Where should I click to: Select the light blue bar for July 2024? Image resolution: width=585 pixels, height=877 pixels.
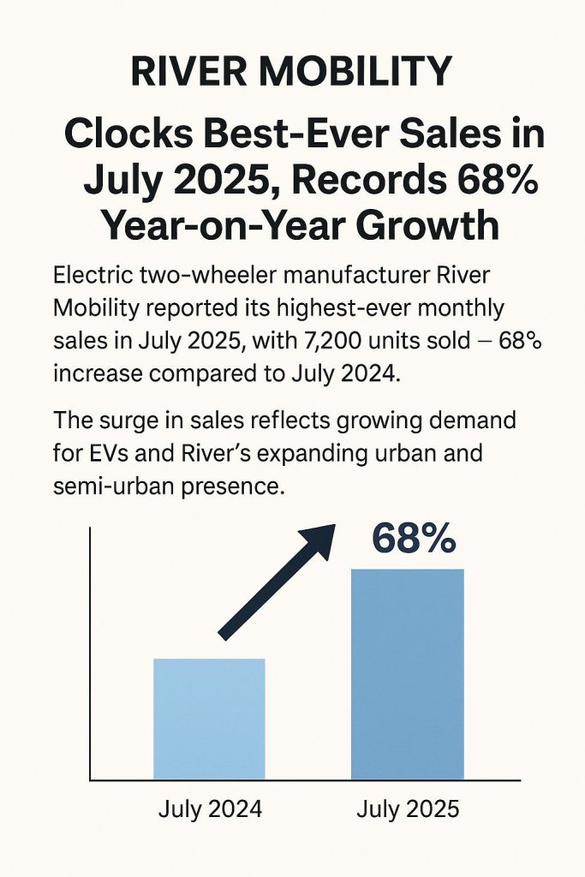[x=209, y=719]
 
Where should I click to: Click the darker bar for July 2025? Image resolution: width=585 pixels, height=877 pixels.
[x=408, y=674]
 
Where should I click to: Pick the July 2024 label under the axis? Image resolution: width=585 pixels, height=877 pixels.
[x=210, y=809]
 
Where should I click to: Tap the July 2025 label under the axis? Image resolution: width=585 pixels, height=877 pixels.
[x=407, y=809]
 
